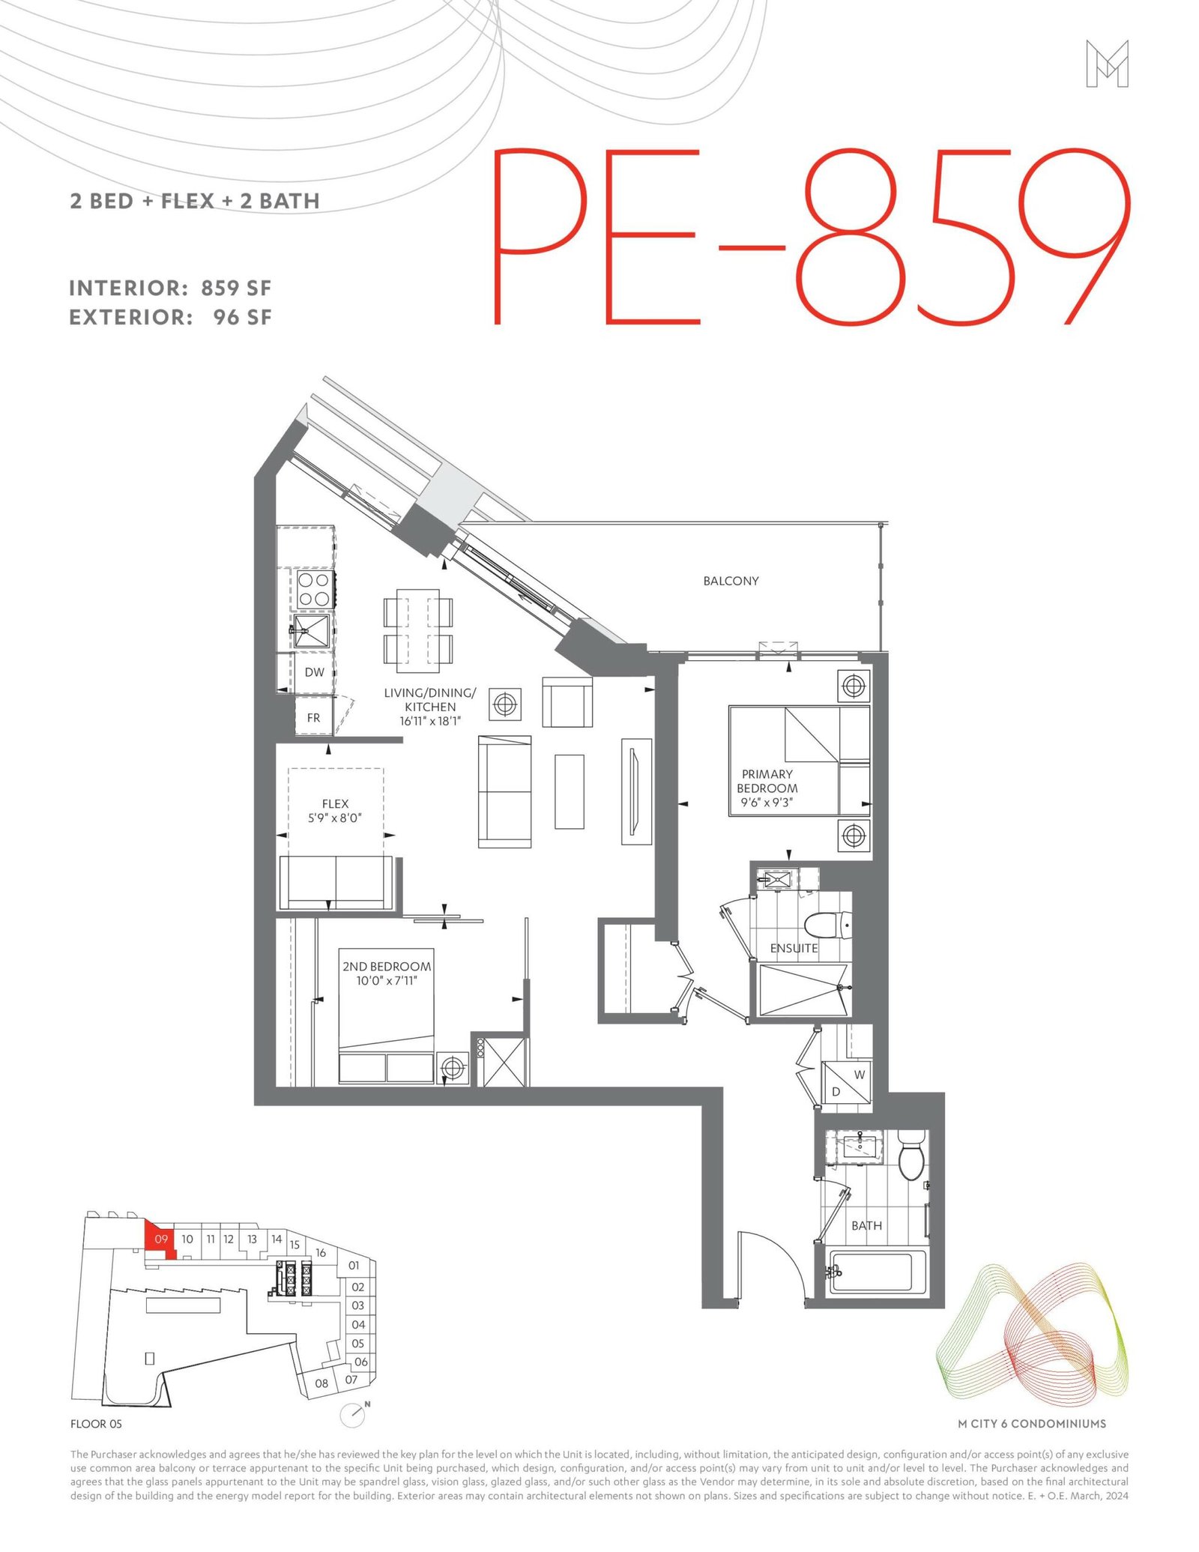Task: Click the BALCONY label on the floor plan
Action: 731,581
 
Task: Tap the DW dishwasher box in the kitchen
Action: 314,672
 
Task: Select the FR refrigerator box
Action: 313,717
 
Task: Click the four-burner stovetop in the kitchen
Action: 314,589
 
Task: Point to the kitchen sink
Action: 311,631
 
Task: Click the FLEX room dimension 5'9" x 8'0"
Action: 335,818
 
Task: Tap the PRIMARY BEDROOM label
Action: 767,781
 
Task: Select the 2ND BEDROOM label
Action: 387,967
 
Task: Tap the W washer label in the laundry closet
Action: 860,1075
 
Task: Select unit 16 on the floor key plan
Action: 321,1253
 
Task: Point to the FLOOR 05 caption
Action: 96,1424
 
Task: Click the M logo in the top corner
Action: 1107,64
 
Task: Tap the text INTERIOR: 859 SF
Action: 170,289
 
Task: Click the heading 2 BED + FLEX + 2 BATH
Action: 195,201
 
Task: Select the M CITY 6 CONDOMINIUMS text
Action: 1032,1424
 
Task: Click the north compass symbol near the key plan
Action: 352,1414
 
